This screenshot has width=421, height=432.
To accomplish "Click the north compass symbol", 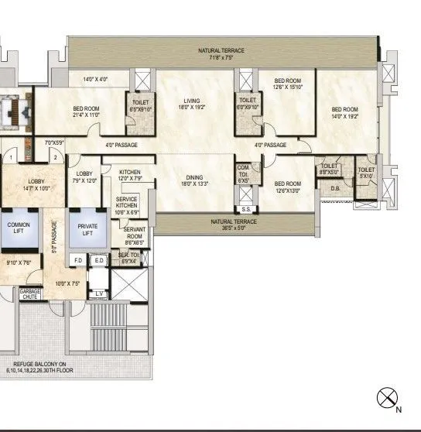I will [x=386, y=399].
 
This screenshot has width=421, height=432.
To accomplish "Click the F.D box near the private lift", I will [x=78, y=261].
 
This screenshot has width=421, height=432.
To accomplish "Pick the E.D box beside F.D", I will [x=98, y=261].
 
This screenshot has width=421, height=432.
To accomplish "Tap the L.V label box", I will [x=98, y=293].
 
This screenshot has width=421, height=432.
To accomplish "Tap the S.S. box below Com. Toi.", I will [x=246, y=209].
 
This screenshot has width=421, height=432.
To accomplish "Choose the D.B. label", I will [x=335, y=187].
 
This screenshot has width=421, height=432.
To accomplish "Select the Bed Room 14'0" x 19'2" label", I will [x=344, y=112].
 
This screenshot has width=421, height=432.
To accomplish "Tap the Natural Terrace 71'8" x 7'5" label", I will [x=221, y=53].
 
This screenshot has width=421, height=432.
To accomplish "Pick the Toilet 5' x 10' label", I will [x=366, y=172].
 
